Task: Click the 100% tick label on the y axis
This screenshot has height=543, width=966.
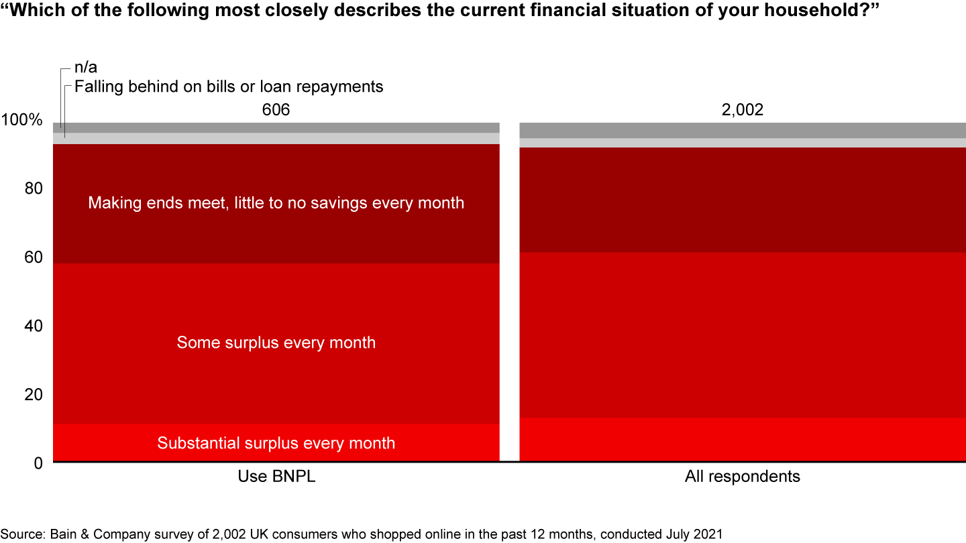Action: (22, 121)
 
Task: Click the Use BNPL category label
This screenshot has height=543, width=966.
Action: (276, 477)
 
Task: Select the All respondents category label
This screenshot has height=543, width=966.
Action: (743, 477)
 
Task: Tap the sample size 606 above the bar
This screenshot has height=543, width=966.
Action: (276, 110)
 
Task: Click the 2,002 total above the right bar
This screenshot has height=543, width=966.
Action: (743, 110)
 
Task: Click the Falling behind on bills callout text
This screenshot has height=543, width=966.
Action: (229, 86)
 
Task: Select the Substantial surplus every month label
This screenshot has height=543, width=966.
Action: (276, 443)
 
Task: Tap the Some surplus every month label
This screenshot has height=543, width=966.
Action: (276, 343)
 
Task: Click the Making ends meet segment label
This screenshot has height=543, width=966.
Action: (276, 202)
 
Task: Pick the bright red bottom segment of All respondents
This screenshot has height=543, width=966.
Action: (743, 439)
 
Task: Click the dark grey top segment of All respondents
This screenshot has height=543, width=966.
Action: (743, 130)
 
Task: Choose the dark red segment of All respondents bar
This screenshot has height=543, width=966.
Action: (743, 200)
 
